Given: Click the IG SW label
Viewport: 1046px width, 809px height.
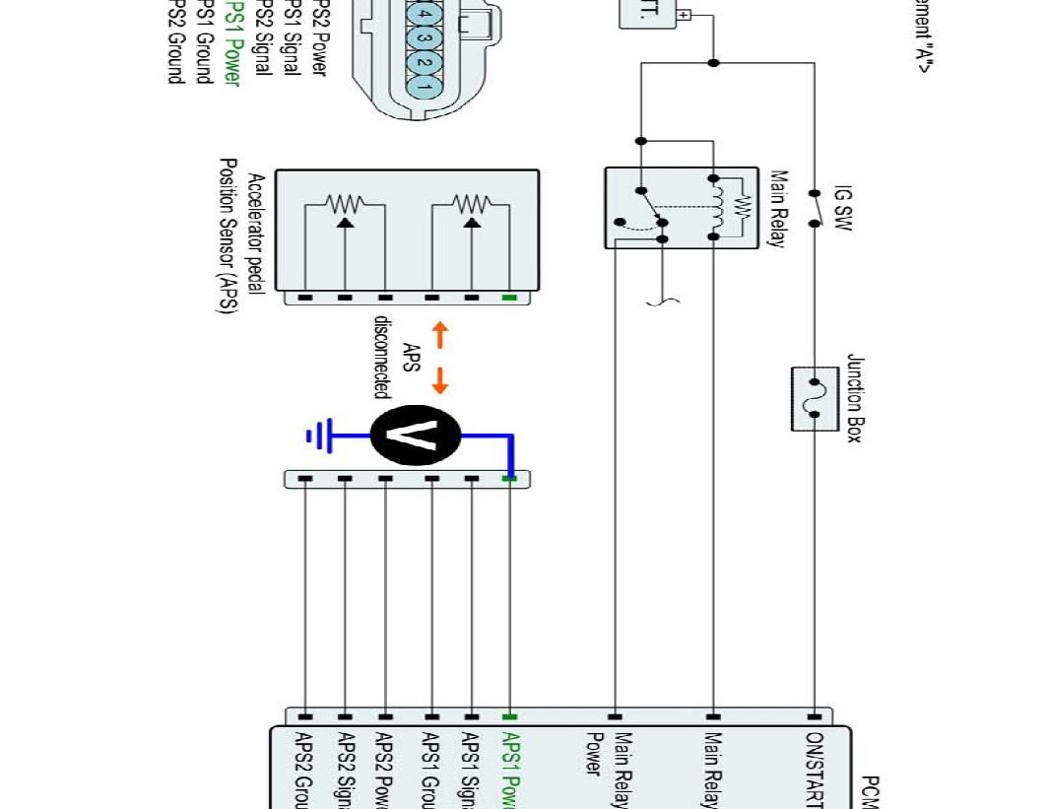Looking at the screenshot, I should point(844,207).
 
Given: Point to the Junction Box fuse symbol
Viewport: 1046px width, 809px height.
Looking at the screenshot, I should point(815,398).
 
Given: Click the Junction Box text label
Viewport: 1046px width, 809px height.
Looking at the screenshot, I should point(854,398).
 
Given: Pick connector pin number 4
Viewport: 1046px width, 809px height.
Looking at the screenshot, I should point(425,16).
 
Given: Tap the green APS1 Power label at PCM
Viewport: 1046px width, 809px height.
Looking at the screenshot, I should point(510,769).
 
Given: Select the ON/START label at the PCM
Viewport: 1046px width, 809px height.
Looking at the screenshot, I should point(814,769).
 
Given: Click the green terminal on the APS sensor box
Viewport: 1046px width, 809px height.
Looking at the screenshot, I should point(509,297).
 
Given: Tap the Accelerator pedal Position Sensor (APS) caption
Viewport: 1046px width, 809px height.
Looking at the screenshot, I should point(242,236).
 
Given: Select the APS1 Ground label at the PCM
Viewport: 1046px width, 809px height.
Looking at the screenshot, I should point(430,769).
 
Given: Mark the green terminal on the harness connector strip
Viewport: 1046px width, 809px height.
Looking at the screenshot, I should point(509,479).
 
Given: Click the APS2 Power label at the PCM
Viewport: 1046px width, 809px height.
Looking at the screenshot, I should point(384,769).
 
